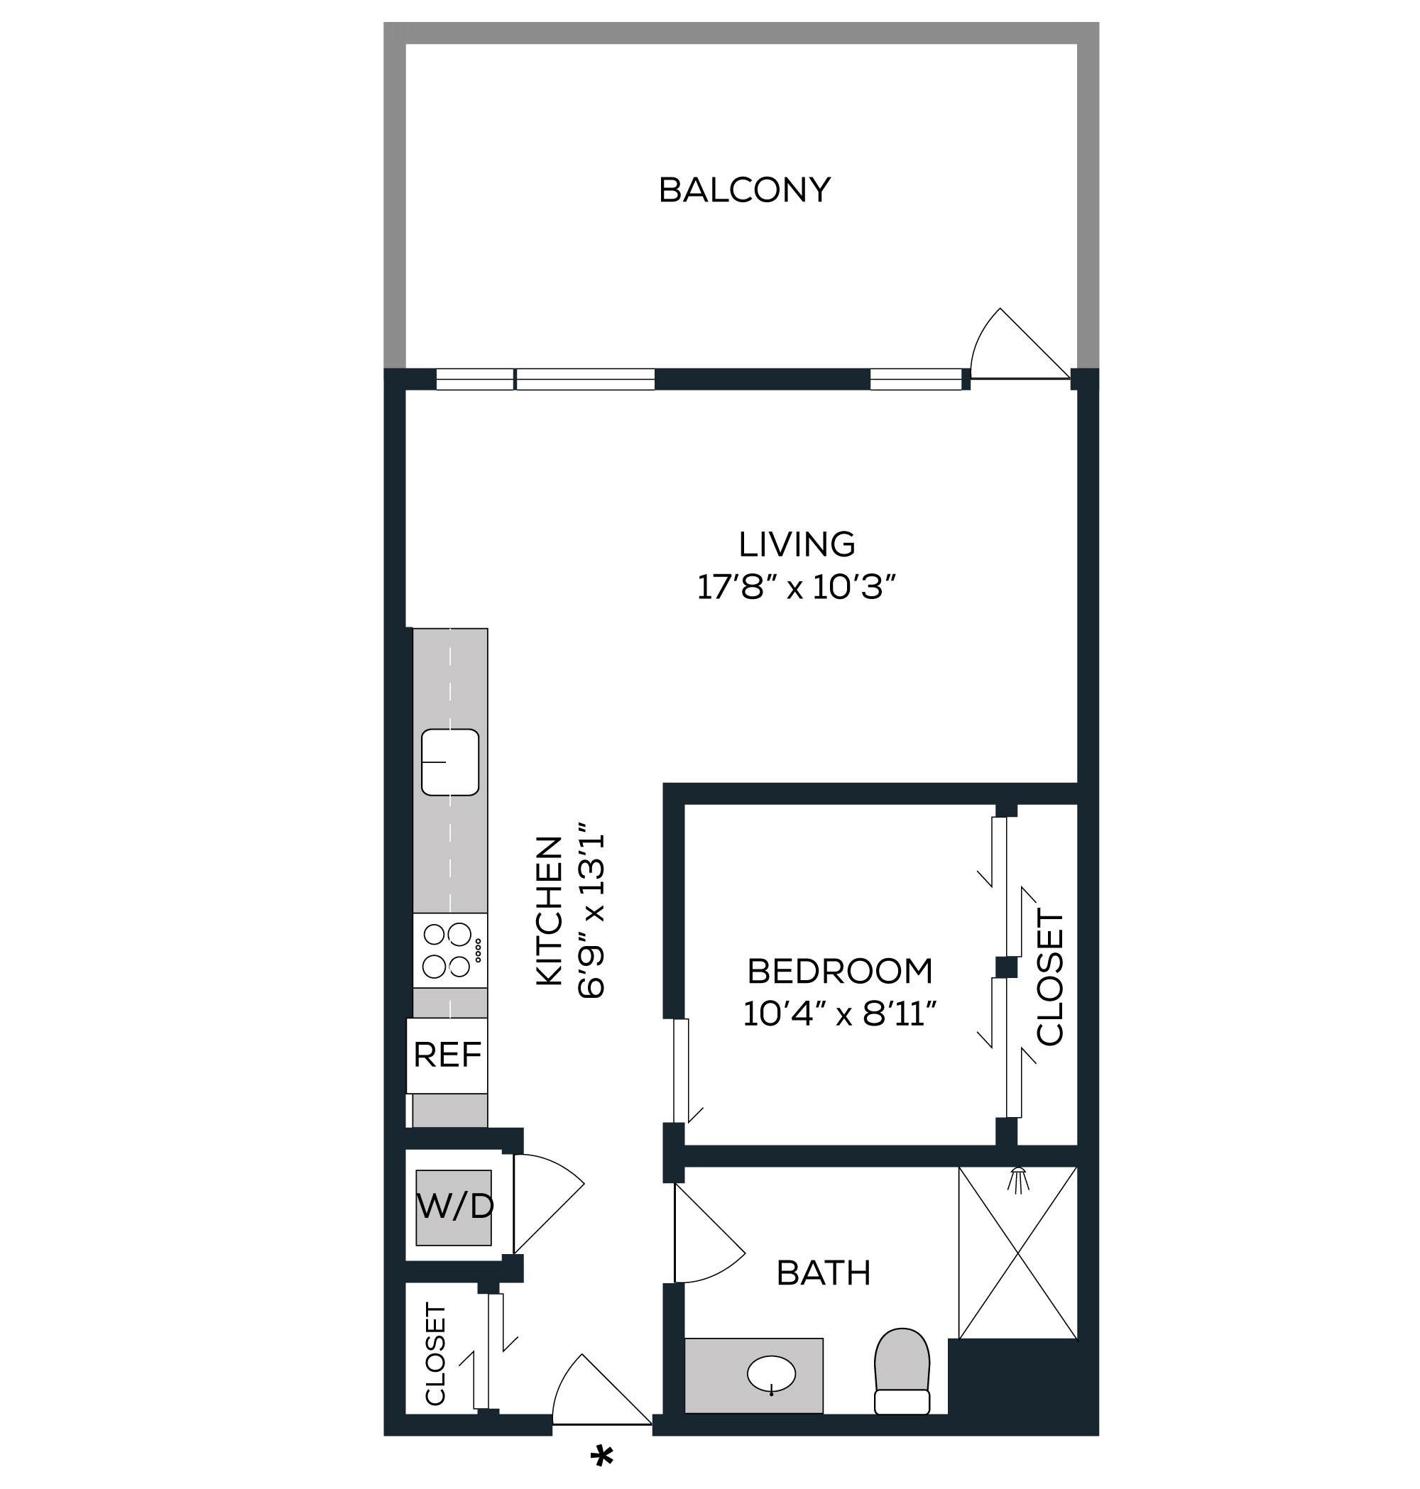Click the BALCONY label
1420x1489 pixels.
[744, 190]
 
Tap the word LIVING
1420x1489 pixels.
[797, 545]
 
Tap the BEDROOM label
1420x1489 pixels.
[840, 972]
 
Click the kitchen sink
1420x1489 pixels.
[449, 762]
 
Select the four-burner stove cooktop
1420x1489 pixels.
[449, 950]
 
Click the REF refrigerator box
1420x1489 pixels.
[447, 1055]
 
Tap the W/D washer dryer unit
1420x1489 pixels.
[454, 1207]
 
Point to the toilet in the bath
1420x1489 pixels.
[902, 1370]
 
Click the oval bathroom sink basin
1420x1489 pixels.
[771, 1373]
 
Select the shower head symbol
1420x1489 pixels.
[1020, 1180]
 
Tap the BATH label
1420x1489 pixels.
[824, 1274]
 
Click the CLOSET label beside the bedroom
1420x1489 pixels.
[1050, 978]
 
